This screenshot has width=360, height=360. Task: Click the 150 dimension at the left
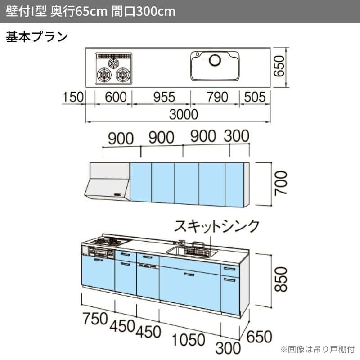click(x=74, y=97)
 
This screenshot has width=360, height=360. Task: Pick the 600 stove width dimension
click(x=113, y=97)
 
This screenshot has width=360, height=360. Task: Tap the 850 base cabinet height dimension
click(x=280, y=279)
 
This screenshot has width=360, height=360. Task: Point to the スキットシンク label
click(x=217, y=225)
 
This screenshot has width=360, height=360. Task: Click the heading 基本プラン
click(x=37, y=36)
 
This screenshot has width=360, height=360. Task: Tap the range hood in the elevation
click(x=108, y=182)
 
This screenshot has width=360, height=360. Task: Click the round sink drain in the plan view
click(x=215, y=58)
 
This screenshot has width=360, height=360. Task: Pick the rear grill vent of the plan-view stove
click(x=114, y=57)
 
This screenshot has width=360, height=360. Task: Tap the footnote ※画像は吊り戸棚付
click(x=317, y=349)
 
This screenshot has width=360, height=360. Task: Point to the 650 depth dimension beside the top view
click(x=280, y=66)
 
